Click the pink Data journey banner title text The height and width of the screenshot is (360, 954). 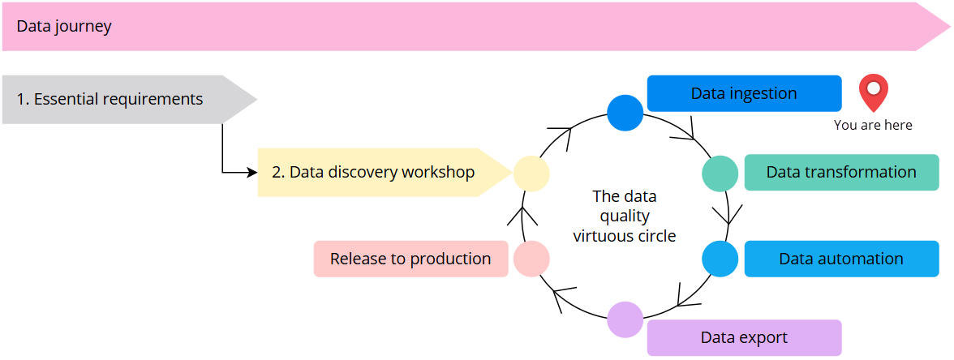point(64,27)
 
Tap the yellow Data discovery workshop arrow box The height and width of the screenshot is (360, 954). point(373,172)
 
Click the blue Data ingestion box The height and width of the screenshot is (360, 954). point(744,93)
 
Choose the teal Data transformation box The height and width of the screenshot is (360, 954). point(840,172)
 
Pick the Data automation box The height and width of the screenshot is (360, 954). point(840,259)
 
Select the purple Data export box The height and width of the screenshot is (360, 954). point(744,337)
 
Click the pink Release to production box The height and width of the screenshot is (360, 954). point(410,259)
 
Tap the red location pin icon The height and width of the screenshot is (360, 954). point(874,92)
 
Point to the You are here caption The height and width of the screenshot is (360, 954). point(873,125)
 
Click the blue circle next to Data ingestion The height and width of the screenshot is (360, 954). point(625,113)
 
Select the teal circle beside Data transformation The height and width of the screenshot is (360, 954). point(720,173)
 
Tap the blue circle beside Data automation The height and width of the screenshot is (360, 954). point(720,259)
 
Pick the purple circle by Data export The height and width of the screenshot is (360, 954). point(625,319)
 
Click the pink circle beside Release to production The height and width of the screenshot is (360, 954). point(531,259)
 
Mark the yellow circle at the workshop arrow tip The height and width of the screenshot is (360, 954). point(531,173)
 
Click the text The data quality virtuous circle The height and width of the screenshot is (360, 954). point(625,216)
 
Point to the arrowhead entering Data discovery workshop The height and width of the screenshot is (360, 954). point(252,172)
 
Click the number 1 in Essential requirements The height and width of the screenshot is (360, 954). point(21,100)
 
